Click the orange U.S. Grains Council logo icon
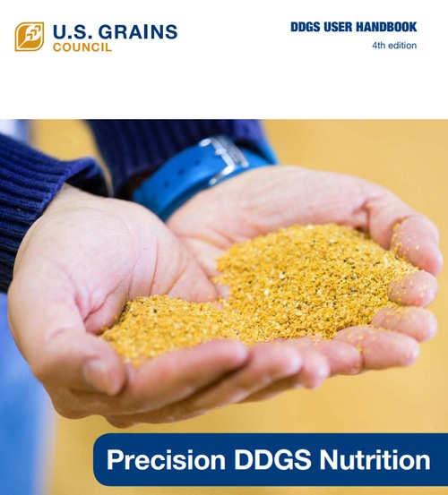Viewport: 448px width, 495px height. click(x=29, y=36)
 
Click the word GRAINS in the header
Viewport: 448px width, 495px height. click(x=134, y=31)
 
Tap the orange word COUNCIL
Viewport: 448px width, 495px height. click(x=82, y=47)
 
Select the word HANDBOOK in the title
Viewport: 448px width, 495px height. click(x=385, y=27)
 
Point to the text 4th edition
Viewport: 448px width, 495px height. click(x=394, y=46)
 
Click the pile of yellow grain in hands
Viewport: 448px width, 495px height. click(x=269, y=286)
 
